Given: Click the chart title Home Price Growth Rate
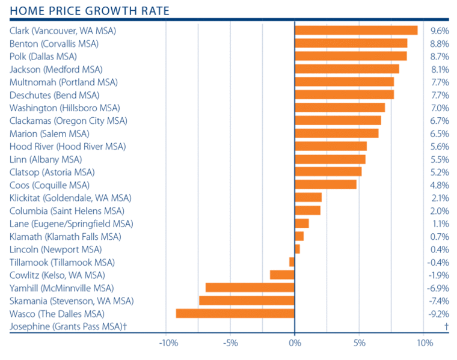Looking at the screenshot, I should [x=89, y=11].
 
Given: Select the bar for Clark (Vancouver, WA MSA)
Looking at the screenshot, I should [x=356, y=31].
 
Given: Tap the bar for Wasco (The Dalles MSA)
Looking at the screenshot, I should [x=235, y=314].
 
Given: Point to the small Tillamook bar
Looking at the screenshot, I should [x=292, y=262].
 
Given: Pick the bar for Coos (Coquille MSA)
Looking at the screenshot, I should [x=325, y=185].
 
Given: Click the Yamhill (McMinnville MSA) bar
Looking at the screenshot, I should [x=250, y=288].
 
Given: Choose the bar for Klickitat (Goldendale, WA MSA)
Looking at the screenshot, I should [x=308, y=198].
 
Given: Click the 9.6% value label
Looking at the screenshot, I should [x=440, y=31].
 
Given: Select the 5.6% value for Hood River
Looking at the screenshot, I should [x=440, y=146].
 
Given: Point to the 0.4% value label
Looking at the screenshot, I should [x=440, y=249].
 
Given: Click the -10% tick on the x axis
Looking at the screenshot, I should [x=167, y=343].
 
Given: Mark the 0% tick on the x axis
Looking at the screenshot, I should [x=295, y=343].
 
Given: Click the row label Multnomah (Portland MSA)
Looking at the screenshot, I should [x=64, y=82].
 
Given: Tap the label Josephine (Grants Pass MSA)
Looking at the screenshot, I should [x=71, y=326].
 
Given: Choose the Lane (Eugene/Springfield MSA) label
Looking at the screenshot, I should [x=71, y=224].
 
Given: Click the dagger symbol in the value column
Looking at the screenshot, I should [x=446, y=326].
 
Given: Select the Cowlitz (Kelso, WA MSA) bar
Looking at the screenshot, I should [x=282, y=275].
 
